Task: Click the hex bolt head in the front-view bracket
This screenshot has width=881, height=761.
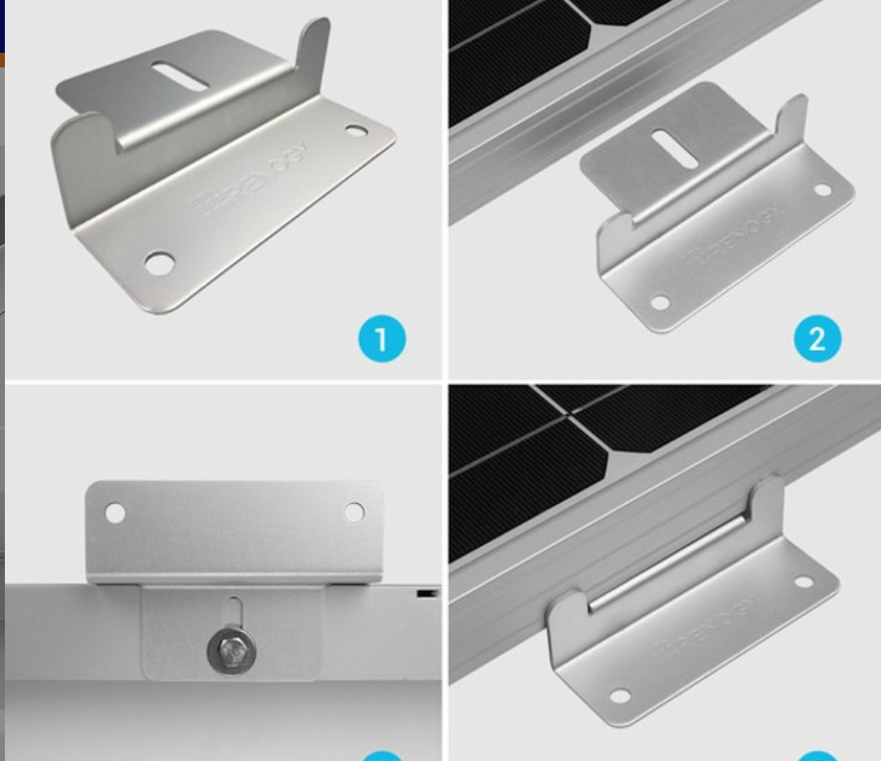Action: tap(232, 650)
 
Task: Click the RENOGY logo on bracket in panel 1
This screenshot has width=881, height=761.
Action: tap(253, 178)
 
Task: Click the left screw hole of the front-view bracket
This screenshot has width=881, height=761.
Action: tap(115, 513)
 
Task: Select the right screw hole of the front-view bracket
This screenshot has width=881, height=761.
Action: tap(354, 513)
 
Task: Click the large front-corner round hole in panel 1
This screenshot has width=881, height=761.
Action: tap(158, 263)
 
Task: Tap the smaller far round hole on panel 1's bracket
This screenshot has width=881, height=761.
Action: tap(356, 129)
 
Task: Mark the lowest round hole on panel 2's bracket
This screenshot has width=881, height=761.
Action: tap(660, 303)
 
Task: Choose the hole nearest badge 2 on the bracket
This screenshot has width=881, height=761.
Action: tap(822, 190)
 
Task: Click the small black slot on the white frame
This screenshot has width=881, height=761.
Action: tap(426, 593)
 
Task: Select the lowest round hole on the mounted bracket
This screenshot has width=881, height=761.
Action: tap(619, 697)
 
